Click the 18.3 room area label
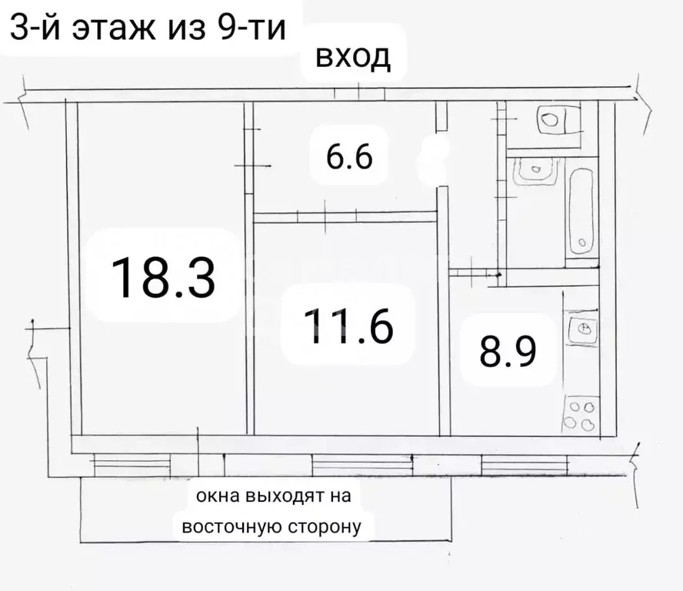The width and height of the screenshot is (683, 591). tap(163, 277)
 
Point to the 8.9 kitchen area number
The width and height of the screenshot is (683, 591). tap(507, 353)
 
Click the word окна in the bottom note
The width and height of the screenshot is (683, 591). tap(216, 496)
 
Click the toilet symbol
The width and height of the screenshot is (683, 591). tap(551, 120)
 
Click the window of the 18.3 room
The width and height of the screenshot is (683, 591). tap(131, 464)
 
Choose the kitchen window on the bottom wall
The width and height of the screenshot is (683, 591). tap(525, 464)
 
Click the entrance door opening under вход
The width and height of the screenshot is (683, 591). tap(358, 94)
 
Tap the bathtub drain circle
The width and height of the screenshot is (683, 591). tap(582, 245)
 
